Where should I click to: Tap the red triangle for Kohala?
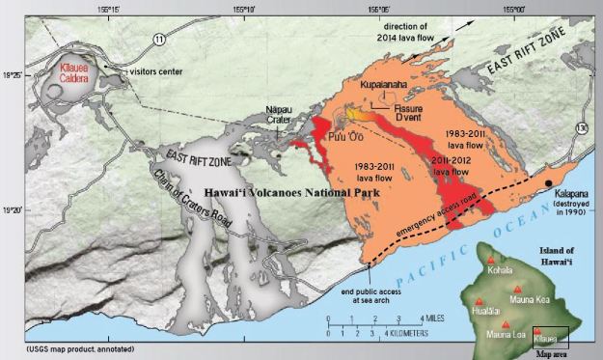click(x=494, y=262)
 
